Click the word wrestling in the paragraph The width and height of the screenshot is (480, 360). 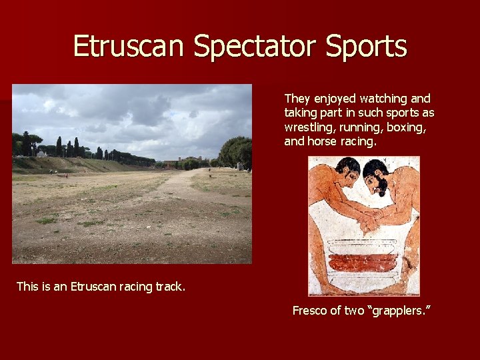[307, 127]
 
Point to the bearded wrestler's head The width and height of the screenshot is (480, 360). [377, 175]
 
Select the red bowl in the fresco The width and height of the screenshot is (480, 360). [363, 263]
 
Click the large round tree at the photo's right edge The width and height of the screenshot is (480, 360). [236, 151]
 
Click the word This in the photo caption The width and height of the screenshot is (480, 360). [27, 287]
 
